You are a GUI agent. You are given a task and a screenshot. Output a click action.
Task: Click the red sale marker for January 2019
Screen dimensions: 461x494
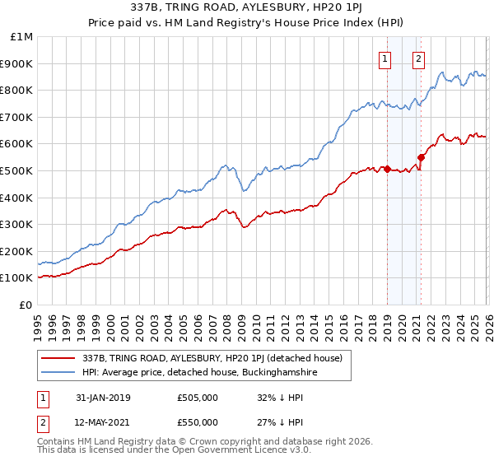pos(387,170)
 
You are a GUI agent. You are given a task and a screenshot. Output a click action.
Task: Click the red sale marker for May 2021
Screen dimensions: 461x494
pos(421,157)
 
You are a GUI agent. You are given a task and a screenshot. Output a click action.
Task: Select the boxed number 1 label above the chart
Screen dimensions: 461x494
pos(384,58)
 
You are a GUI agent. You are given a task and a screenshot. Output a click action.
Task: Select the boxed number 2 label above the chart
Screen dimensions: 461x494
pos(418,58)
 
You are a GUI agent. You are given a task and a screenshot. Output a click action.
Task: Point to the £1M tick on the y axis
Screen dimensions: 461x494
pos(22,37)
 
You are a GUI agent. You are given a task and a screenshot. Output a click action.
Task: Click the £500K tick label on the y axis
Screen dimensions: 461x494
pos(17,170)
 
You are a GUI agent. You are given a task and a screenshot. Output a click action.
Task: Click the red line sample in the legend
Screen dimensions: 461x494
pos(58,357)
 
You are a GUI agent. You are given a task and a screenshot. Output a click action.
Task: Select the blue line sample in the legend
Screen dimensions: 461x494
pos(58,373)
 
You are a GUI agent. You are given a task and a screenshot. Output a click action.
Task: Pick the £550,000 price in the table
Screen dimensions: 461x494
pos(198,422)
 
